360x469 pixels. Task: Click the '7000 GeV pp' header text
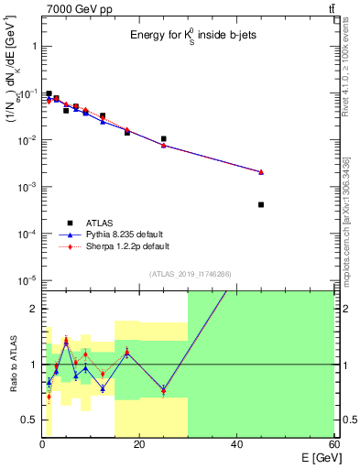72,8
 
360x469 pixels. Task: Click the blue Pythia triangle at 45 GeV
261,172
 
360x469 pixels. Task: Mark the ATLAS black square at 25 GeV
163,139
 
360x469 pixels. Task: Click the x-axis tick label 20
138,443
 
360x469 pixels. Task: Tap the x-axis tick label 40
236,443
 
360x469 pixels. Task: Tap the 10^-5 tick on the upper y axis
27,280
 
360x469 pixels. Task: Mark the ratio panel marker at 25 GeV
163,389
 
